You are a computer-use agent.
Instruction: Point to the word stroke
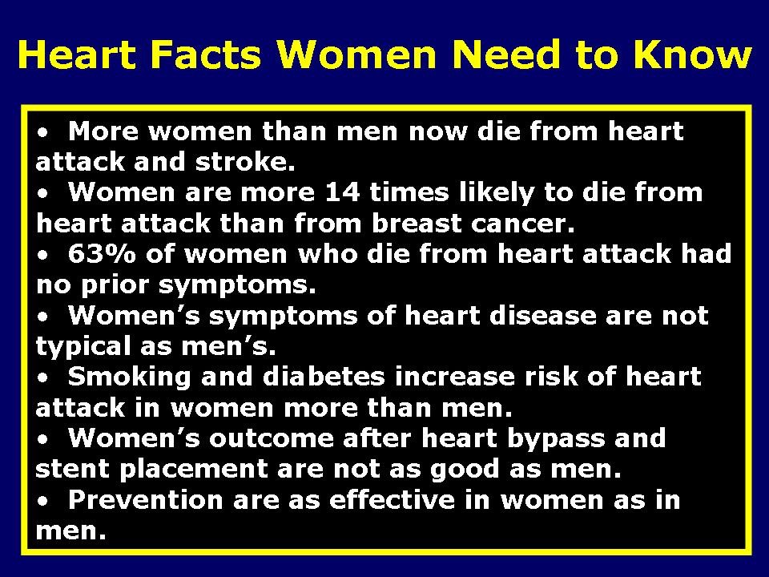tap(244, 162)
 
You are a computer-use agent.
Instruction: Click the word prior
tap(126, 285)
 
